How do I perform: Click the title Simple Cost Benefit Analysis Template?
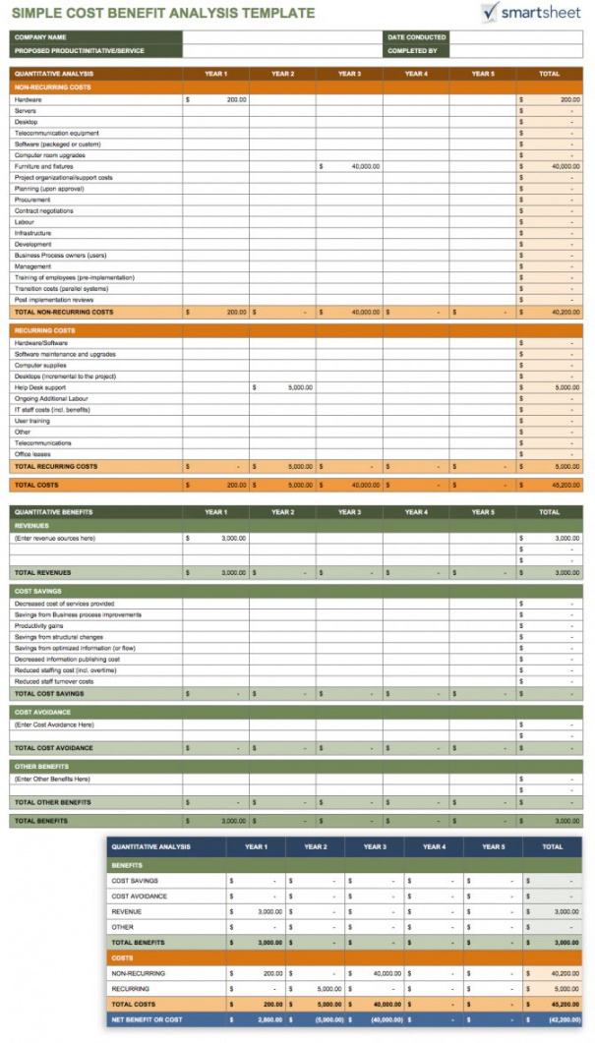(x=162, y=14)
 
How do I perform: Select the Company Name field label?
(x=35, y=37)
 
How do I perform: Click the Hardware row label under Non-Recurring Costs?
(x=28, y=99)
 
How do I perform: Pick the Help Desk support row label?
(x=39, y=387)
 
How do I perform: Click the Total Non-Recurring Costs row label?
(x=64, y=312)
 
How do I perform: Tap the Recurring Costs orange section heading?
(x=44, y=330)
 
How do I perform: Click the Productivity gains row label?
(x=39, y=626)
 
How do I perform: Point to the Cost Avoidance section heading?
(x=42, y=712)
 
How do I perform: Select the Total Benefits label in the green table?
(x=39, y=820)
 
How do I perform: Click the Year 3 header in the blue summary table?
(x=374, y=846)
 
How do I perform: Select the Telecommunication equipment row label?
(x=56, y=133)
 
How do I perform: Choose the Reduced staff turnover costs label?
(x=54, y=681)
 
